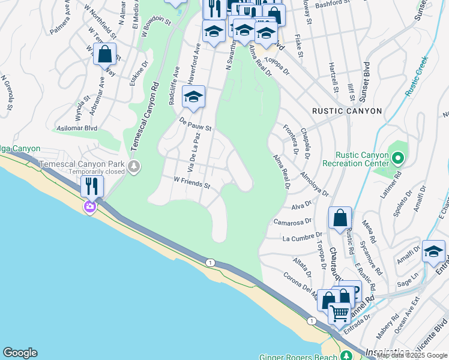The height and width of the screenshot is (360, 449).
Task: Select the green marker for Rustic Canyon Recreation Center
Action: pyautogui.click(x=397, y=158)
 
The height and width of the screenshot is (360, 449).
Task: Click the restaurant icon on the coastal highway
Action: pyautogui.click(x=92, y=186)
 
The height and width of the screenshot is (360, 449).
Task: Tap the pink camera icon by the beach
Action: pyautogui.click(x=90, y=207)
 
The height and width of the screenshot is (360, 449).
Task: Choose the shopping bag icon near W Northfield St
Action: pyautogui.click(x=104, y=54)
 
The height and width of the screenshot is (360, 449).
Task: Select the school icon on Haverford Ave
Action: pyautogui.click(x=193, y=97)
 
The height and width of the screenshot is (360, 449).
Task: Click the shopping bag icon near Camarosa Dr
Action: pyautogui.click(x=340, y=218)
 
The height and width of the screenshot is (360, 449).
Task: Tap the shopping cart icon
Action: pyautogui.click(x=339, y=313)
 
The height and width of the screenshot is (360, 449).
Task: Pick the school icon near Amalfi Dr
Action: pyautogui.click(x=433, y=252)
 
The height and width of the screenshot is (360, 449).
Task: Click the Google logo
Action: pyautogui.click(x=20, y=353)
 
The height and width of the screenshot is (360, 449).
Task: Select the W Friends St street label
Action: pyautogui.click(x=191, y=182)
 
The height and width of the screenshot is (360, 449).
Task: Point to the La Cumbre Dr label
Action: pyautogui.click(x=298, y=238)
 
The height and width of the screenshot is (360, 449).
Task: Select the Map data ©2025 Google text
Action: pyautogui.click(x=412, y=355)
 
